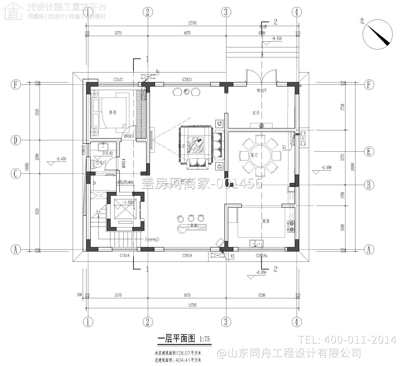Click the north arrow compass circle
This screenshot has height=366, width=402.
(377, 34)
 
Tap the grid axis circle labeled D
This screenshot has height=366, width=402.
(16, 140)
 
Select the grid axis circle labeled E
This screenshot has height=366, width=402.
(369, 152)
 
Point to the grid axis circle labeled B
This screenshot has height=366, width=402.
(369, 185)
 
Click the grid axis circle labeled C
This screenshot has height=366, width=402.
(16, 174)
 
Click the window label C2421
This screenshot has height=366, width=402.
(118, 80)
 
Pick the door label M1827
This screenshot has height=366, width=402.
(261, 91)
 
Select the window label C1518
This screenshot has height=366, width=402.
(124, 256)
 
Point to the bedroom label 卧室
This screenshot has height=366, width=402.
(113, 112)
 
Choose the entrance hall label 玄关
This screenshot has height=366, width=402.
(256, 113)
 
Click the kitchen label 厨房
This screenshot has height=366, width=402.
(266, 221)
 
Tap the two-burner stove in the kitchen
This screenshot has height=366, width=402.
(291, 226)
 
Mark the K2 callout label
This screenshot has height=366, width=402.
(233, 256)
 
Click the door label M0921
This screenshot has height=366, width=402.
(128, 136)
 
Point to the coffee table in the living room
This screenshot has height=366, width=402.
(195, 145)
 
